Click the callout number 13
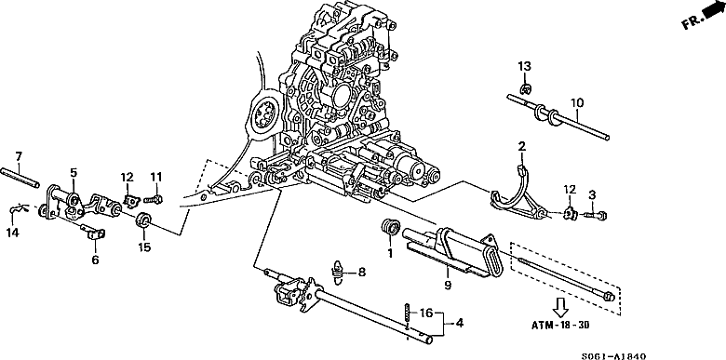point(524,66)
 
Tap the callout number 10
point(577,102)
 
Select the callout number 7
point(19,156)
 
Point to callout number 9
point(448,286)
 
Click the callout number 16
point(426,313)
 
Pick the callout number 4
point(459,323)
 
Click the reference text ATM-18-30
point(560,325)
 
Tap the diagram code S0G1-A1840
point(613,356)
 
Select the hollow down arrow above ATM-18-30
point(560,307)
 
